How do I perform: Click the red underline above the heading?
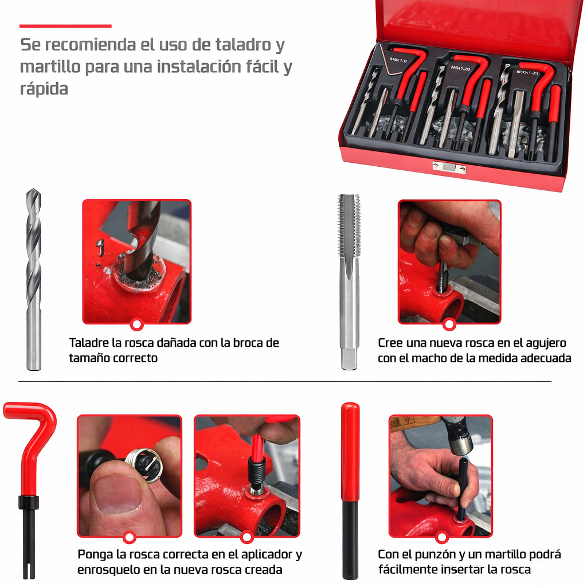point(65,26)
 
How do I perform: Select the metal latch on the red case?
point(449,167)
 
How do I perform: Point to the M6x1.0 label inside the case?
point(398,60)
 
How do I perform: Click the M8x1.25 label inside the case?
point(460,68)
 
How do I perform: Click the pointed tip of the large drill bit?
point(33,190)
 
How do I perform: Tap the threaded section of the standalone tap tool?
point(349,225)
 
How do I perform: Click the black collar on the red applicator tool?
point(29,502)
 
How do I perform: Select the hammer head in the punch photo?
point(459,440)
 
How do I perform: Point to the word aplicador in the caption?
point(267,554)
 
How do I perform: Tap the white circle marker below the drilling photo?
point(136,324)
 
